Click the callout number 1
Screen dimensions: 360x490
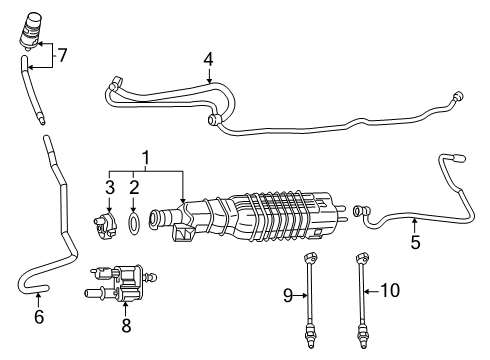pyautogui.click(x=145, y=157)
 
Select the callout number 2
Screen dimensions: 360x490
pyautogui.click(x=133, y=187)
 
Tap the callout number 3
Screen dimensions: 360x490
pyautogui.click(x=111, y=187)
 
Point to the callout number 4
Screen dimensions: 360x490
pyautogui.click(x=208, y=60)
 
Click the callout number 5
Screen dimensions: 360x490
pyautogui.click(x=414, y=240)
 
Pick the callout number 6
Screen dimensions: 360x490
pyautogui.click(x=40, y=317)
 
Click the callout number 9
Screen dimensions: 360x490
pyautogui.click(x=288, y=294)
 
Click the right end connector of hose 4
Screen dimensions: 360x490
pyautogui.click(x=458, y=97)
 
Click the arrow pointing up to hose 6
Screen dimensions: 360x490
pyautogui.click(x=40, y=297)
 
